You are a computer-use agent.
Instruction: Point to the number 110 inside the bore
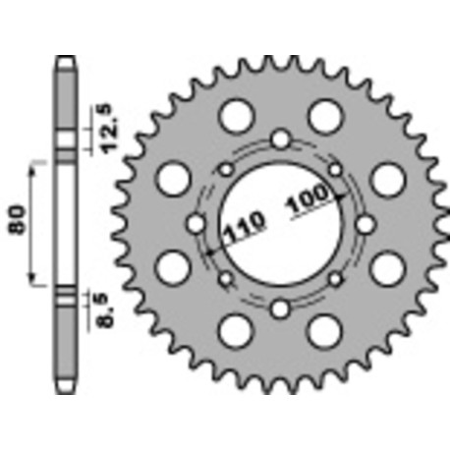[x=238, y=234]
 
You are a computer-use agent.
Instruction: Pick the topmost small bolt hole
[x=281, y=140]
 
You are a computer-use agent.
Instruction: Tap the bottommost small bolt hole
[x=281, y=309]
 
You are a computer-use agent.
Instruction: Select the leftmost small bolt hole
[x=197, y=225]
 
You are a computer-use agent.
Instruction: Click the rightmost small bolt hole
[x=366, y=225]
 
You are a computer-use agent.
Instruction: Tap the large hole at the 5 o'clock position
[x=325, y=332]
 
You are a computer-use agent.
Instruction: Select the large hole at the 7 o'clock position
[x=236, y=332]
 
